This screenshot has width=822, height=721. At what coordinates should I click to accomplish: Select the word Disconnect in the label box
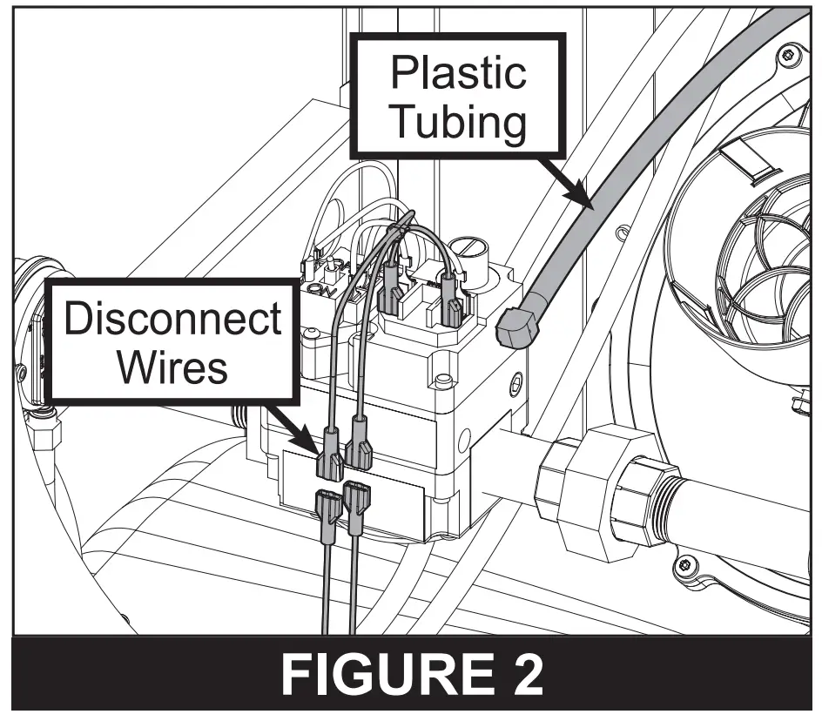point(172,320)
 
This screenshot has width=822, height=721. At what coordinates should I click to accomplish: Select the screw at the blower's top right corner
point(787,56)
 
